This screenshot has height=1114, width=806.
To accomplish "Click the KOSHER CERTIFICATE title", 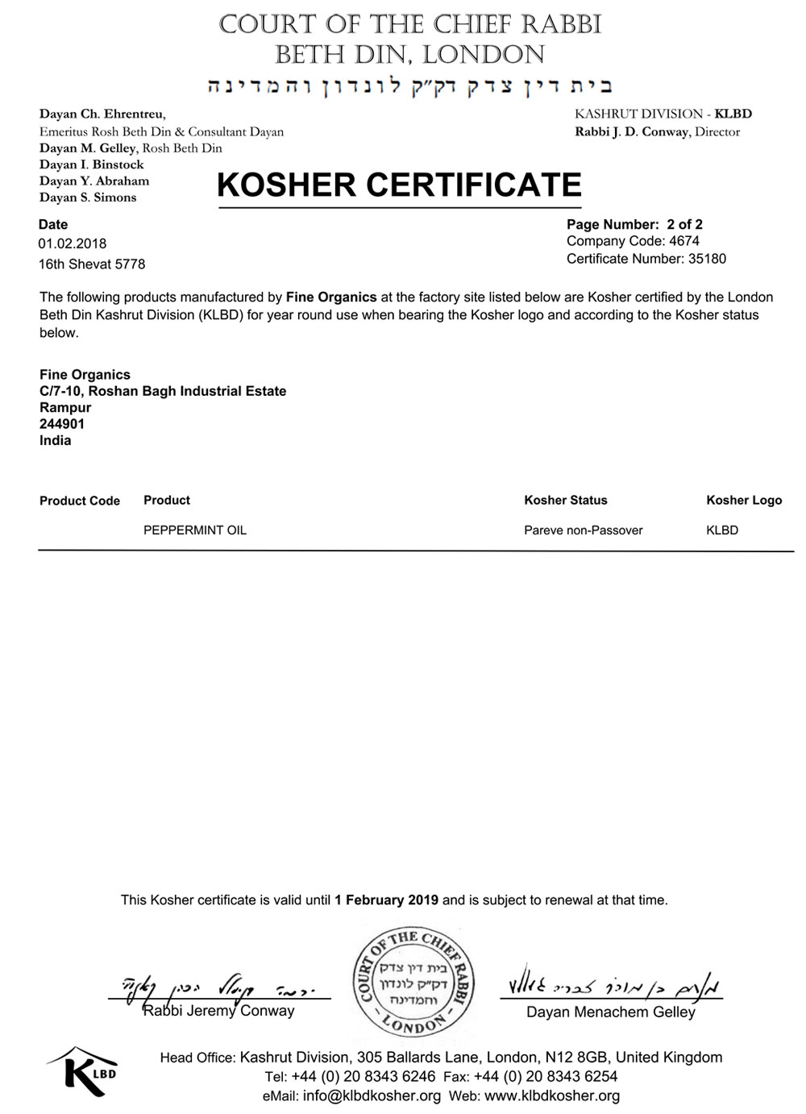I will (x=399, y=185).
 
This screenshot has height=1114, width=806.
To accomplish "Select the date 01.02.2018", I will (x=73, y=243).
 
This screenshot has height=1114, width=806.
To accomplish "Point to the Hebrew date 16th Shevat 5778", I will (x=92, y=264).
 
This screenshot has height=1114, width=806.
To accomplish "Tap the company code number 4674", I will (x=684, y=241).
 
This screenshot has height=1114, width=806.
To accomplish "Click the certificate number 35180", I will (x=707, y=259).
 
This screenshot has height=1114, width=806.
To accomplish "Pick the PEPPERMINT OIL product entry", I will (x=195, y=530).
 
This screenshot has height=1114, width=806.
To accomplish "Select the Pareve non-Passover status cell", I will (x=584, y=530).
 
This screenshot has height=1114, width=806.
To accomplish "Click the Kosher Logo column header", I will (x=744, y=501).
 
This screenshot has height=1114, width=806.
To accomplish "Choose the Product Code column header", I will (x=80, y=501).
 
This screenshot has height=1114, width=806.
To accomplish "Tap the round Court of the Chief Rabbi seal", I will (x=413, y=982).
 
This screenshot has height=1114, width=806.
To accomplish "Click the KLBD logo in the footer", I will (x=83, y=1071).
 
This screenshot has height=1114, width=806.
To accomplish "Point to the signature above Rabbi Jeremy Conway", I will (x=218, y=986).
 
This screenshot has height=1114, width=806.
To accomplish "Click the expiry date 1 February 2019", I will (x=387, y=900).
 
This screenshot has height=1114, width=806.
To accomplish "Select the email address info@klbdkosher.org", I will (x=372, y=1096).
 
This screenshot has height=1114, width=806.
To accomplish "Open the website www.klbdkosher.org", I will (x=552, y=1096).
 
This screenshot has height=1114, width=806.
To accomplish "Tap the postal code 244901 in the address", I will (x=62, y=424).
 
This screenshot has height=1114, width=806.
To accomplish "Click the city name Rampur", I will (x=65, y=408).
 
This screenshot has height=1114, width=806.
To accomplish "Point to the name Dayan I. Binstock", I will (x=92, y=164).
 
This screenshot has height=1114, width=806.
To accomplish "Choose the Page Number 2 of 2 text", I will (x=634, y=225).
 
